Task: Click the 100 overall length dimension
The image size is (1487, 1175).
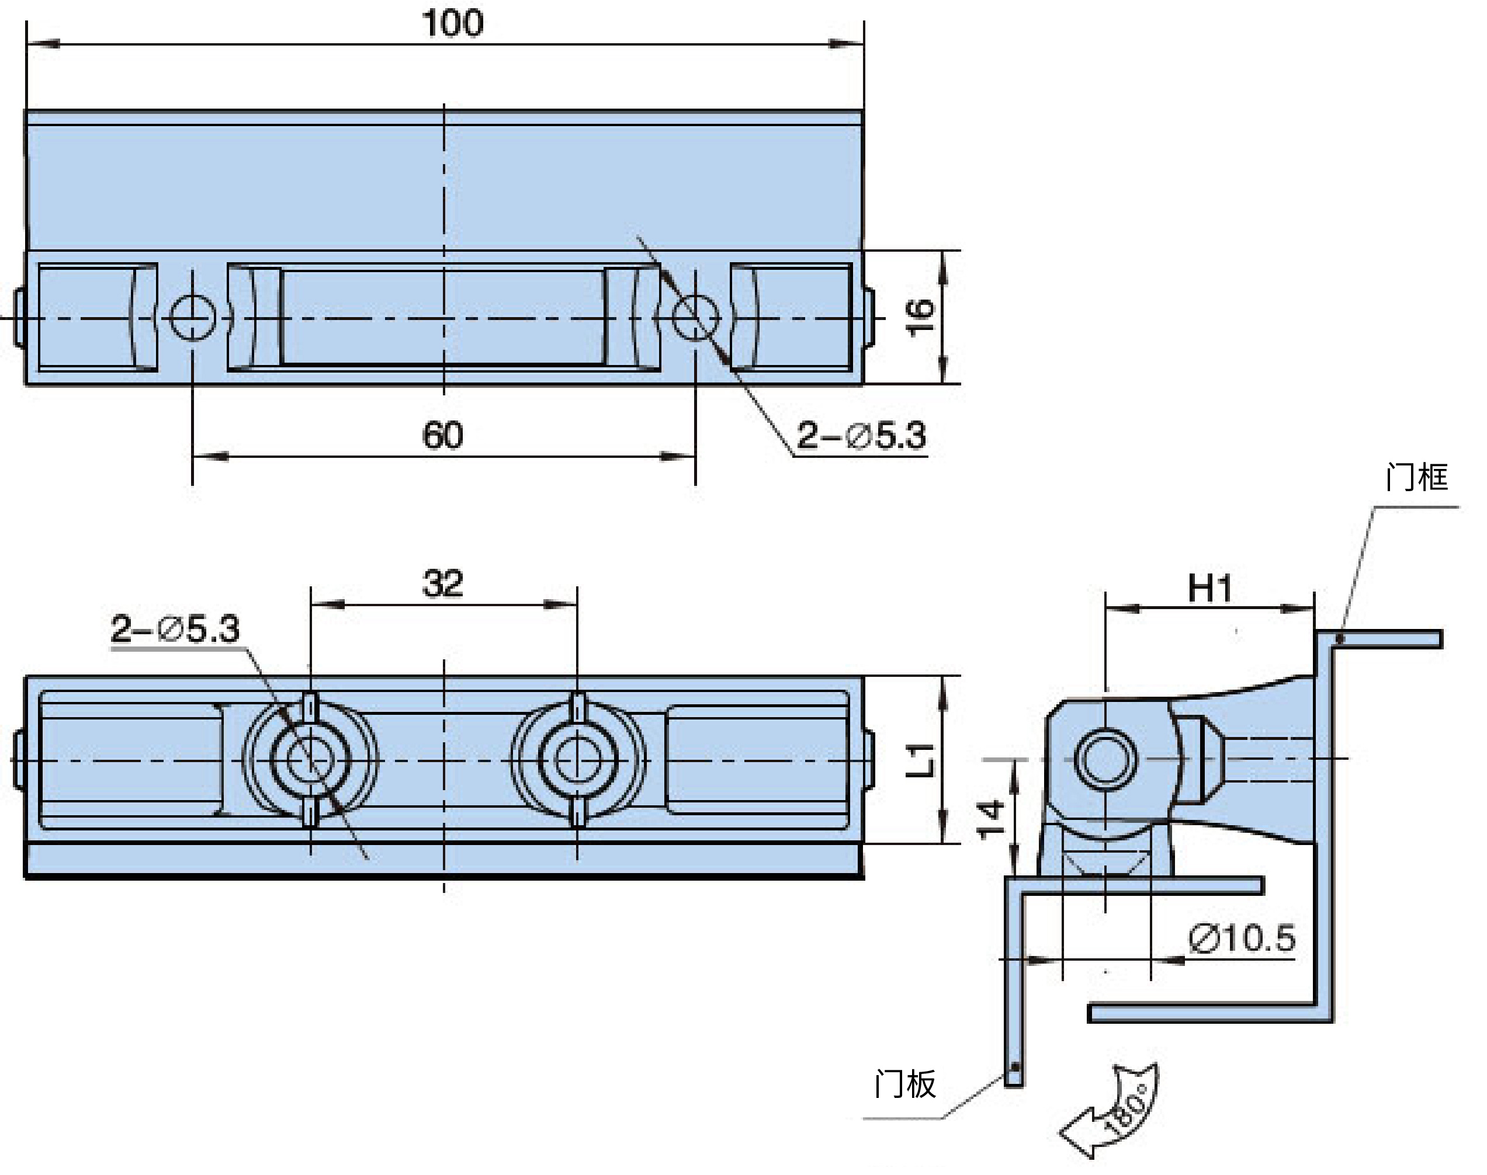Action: click(x=453, y=23)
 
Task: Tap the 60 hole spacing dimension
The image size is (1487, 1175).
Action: click(x=442, y=436)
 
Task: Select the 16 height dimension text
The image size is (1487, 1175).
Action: click(x=921, y=317)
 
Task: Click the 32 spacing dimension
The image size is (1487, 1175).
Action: click(x=442, y=583)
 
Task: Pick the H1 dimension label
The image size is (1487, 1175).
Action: click(x=1209, y=588)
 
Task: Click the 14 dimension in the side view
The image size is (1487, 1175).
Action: click(x=991, y=819)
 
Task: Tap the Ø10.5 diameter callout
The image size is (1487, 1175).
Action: click(x=1242, y=938)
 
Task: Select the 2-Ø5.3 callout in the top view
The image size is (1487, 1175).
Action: click(x=861, y=436)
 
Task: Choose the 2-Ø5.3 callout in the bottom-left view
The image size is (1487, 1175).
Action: click(x=175, y=629)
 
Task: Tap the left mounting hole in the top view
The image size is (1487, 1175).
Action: click(x=193, y=318)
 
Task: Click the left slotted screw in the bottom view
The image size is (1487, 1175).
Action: click(x=310, y=760)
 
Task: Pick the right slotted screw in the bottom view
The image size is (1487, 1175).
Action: click(x=577, y=760)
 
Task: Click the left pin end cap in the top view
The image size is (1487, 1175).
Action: click(x=20, y=318)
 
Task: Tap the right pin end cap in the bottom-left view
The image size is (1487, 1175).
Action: click(x=869, y=760)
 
